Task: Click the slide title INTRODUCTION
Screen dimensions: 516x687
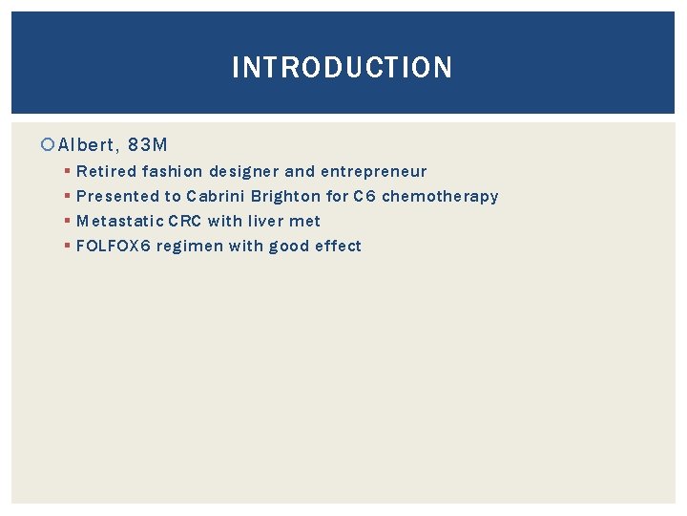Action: pyautogui.click(x=343, y=68)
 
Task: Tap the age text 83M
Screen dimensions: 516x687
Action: pyautogui.click(x=148, y=145)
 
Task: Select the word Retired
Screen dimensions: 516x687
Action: pyautogui.click(x=106, y=172)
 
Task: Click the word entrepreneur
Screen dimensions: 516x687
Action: pyautogui.click(x=373, y=172)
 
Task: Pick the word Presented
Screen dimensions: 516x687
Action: pyautogui.click(x=117, y=197)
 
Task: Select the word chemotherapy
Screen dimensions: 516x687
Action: pyautogui.click(x=440, y=197)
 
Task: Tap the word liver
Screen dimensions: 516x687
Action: pyautogui.click(x=267, y=222)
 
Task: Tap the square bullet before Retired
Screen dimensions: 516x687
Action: pyautogui.click(x=67, y=172)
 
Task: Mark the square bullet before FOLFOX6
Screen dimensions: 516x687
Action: pyautogui.click(x=67, y=247)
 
